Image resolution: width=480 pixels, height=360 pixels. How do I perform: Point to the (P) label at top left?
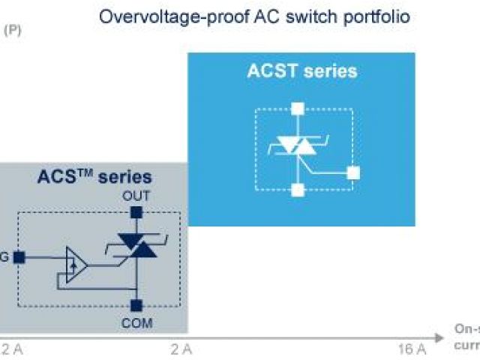tap(13, 31)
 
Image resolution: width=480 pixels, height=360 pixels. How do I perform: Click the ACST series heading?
tap(301, 72)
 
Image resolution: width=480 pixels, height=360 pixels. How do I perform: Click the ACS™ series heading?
tap(94, 178)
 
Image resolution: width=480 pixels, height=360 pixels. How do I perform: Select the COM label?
tap(136, 323)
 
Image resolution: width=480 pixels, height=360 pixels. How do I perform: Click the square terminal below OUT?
tap(136, 213)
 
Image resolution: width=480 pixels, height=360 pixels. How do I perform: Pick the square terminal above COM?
tap(136, 306)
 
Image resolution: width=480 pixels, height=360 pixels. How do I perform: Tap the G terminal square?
tap(19, 257)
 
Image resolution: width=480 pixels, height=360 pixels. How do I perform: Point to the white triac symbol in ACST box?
tap(298, 145)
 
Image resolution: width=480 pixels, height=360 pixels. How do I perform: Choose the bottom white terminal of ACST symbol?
tap(298, 190)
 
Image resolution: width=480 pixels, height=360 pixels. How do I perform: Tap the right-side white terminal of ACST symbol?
tap(353, 173)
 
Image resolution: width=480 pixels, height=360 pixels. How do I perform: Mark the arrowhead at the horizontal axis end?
tap(435, 334)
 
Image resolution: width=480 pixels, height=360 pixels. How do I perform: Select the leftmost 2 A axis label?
tap(13, 349)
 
